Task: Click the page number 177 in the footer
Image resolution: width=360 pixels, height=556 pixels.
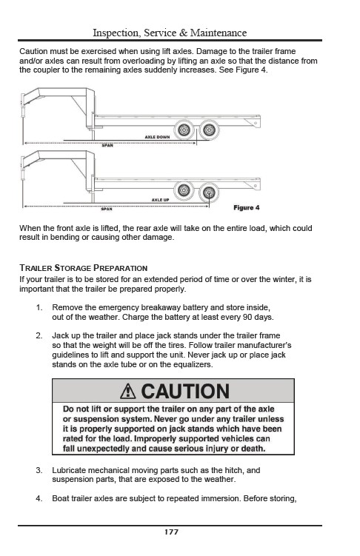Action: (x=171, y=532)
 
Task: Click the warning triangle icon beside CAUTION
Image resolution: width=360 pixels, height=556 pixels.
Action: (x=127, y=392)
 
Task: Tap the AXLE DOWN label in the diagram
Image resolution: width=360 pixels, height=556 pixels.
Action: (x=157, y=137)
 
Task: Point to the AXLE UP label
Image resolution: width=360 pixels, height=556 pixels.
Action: (x=160, y=200)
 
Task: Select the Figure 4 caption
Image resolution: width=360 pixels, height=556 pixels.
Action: (x=247, y=207)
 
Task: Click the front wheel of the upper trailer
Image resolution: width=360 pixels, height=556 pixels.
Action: (x=184, y=130)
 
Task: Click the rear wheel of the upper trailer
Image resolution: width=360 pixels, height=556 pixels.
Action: (x=209, y=130)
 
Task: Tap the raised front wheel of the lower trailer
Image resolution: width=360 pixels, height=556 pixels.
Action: (x=184, y=190)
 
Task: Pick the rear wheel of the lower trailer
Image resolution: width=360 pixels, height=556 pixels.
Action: (x=209, y=193)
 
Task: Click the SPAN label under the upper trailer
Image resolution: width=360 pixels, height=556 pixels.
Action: (x=107, y=145)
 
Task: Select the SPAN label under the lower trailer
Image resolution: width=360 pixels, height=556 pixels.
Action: (x=107, y=209)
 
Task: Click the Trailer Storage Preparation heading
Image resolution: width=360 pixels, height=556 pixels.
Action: (x=84, y=268)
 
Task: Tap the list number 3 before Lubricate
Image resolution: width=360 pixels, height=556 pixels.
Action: (x=39, y=471)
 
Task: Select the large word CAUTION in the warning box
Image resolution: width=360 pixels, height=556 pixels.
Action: (x=185, y=392)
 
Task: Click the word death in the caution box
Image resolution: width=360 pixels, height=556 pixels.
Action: (x=253, y=449)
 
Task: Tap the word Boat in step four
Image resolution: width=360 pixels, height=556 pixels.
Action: (x=61, y=498)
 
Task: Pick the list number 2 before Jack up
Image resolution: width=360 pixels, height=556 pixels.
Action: (x=39, y=335)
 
